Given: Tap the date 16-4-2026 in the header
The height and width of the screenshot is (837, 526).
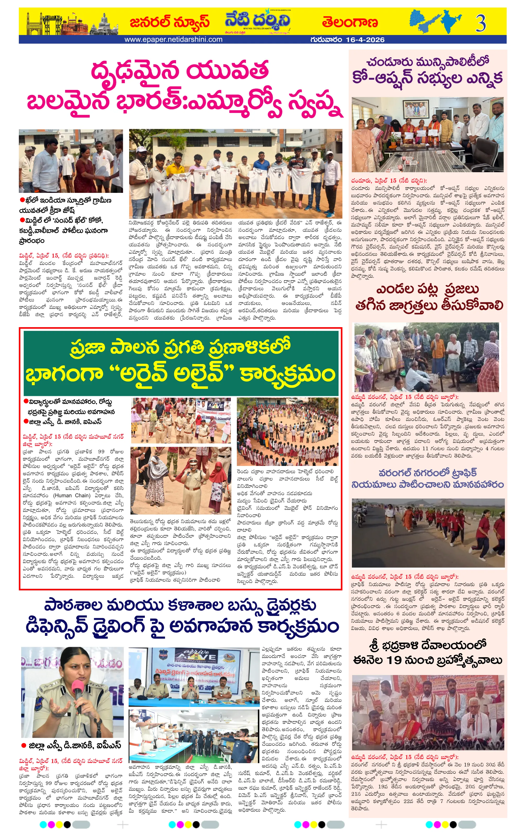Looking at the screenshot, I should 365,40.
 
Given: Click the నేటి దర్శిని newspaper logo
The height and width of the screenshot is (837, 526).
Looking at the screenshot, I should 257,21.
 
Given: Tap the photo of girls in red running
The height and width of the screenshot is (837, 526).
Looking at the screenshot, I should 428,533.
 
